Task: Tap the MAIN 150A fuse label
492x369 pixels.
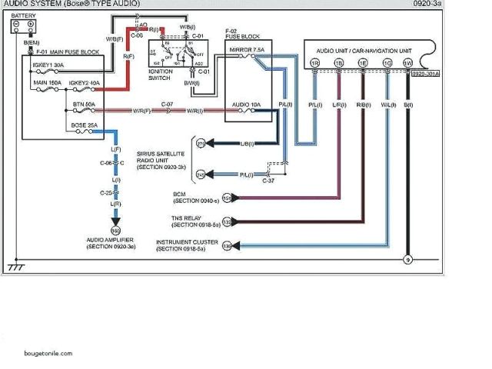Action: [x=45, y=82]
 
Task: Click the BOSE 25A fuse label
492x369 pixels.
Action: [x=84, y=124]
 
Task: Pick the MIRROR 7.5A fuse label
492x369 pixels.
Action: [x=248, y=49]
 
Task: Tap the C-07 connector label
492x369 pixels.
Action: [x=166, y=103]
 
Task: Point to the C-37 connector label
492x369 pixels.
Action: [x=268, y=181]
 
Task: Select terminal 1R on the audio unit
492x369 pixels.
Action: [x=314, y=61]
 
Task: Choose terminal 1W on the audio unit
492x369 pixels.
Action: [x=407, y=61]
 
